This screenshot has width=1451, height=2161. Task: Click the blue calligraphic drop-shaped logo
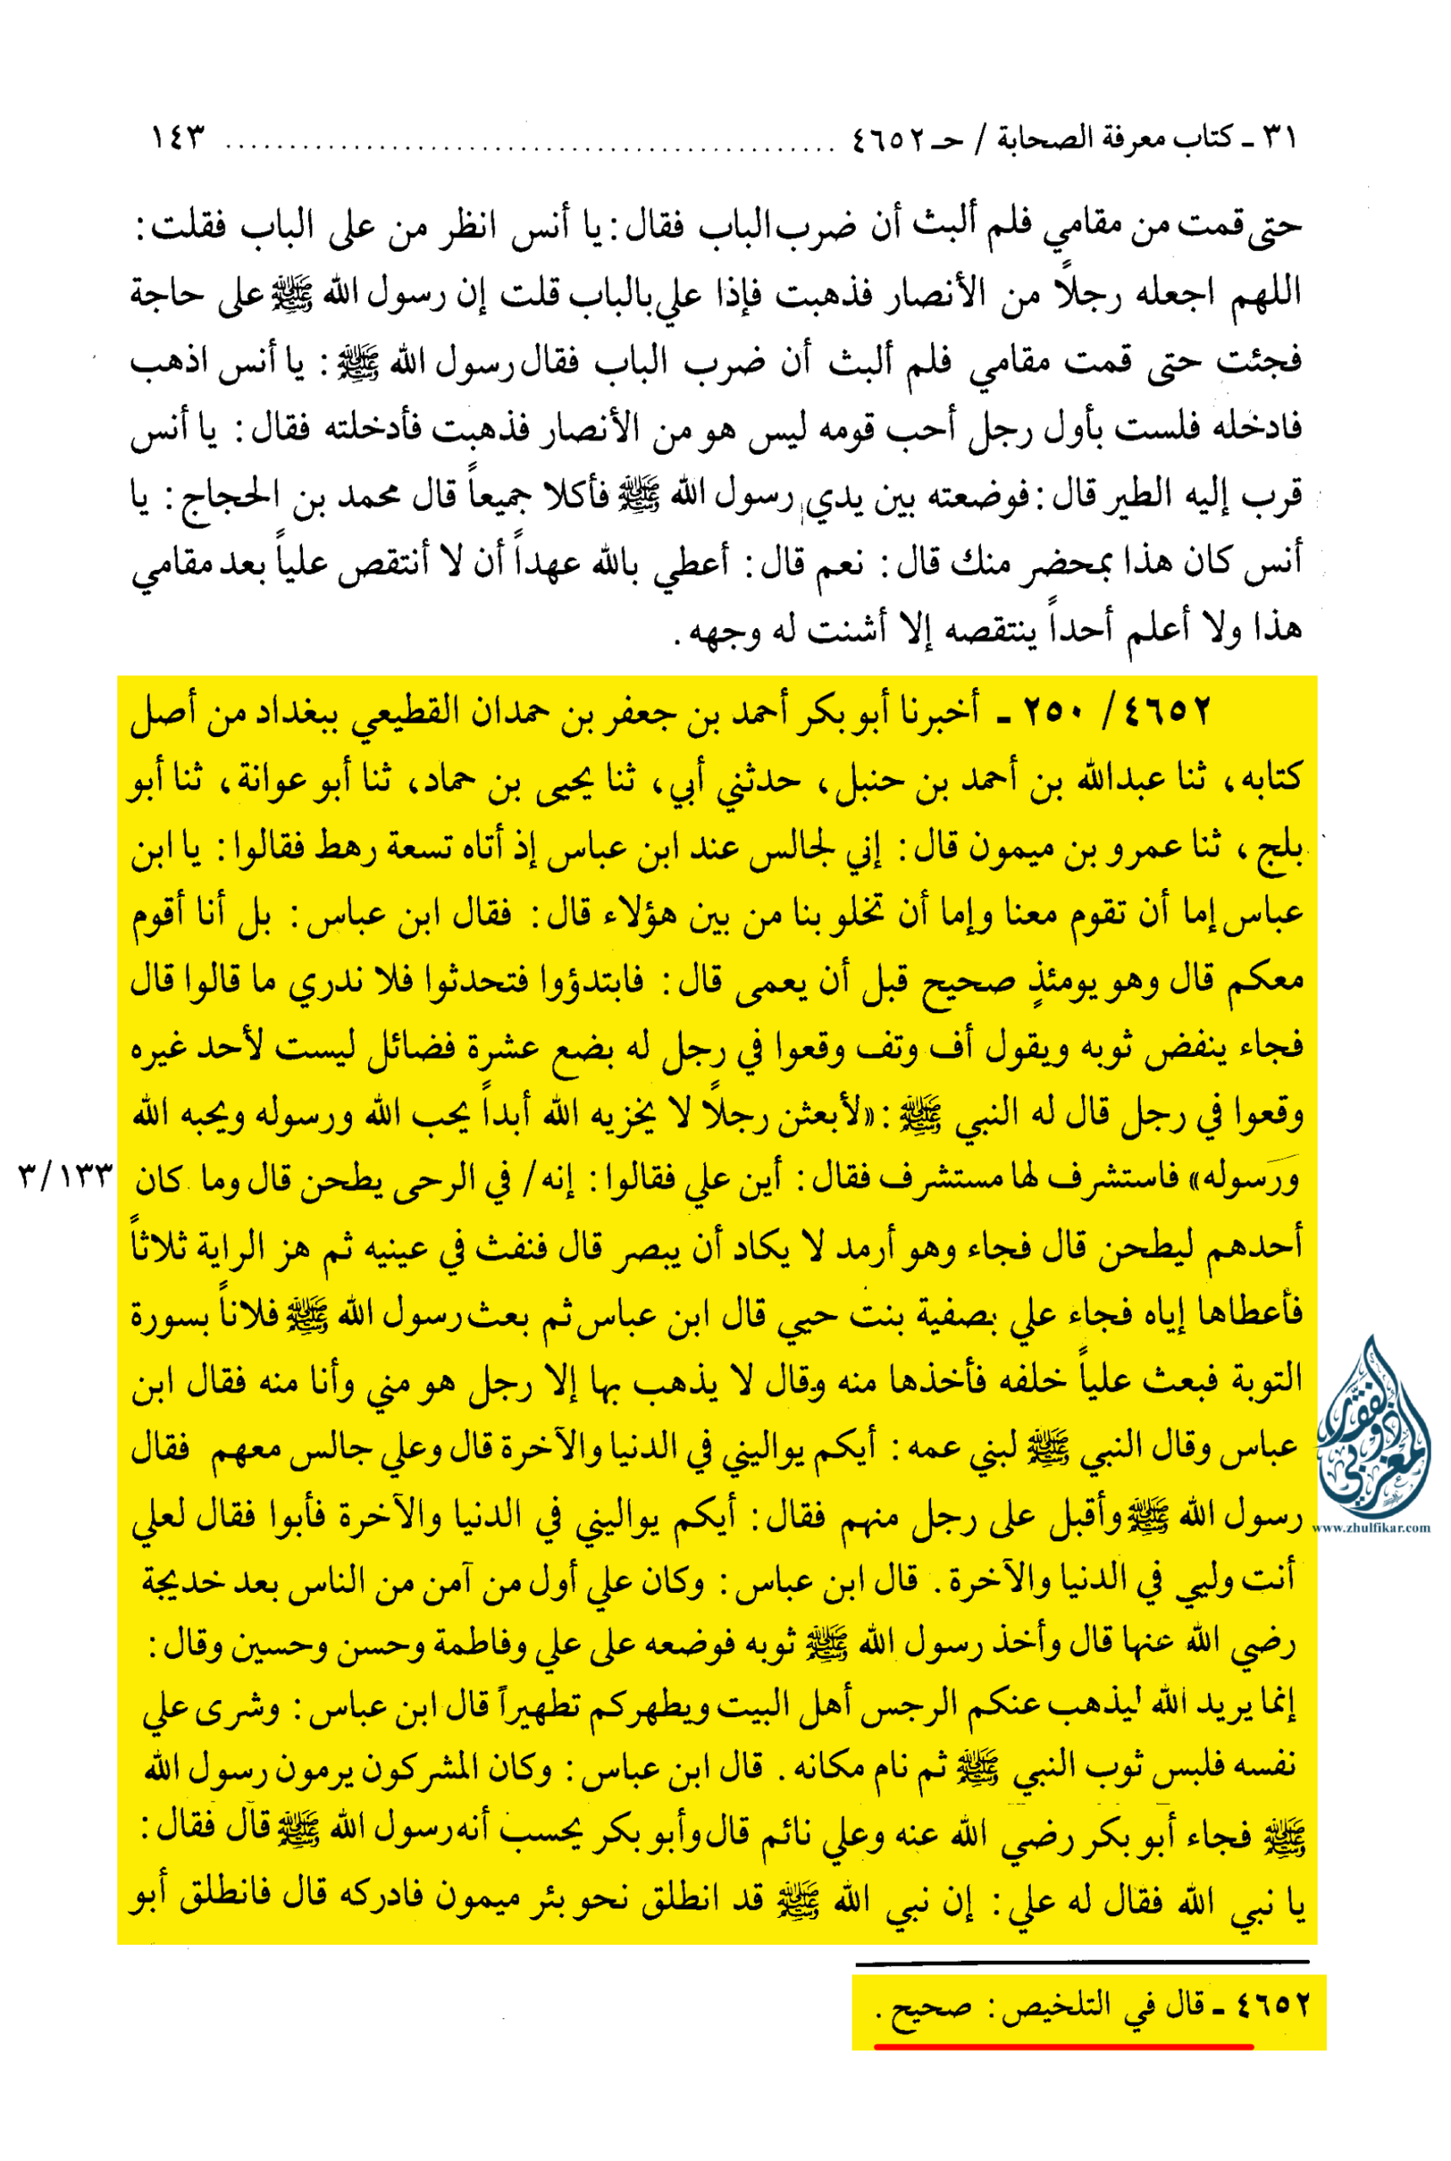tap(1373, 1424)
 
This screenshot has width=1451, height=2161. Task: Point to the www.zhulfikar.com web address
tap(1373, 1529)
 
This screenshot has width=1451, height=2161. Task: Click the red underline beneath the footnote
tap(1064, 2047)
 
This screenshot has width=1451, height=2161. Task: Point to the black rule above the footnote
tap(1083, 1961)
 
